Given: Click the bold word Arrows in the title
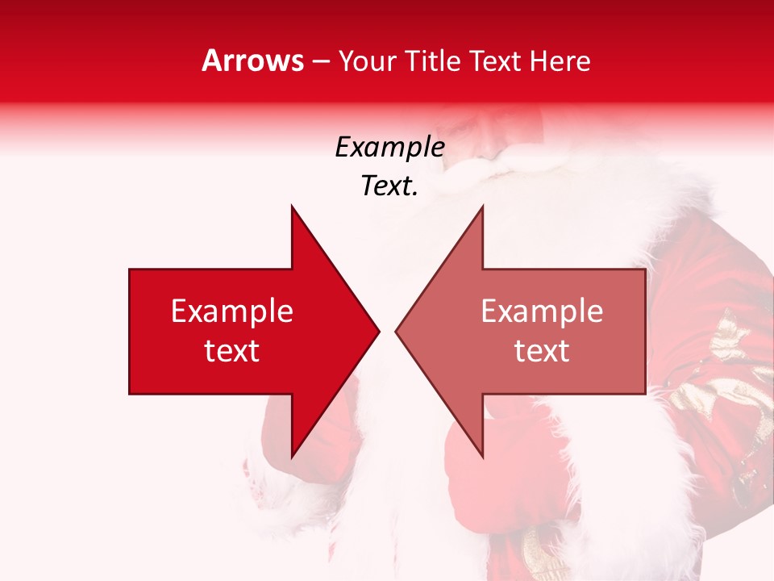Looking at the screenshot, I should (252, 61).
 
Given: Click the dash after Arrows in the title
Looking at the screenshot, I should (321, 62).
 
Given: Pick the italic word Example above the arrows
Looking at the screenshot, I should (389, 148).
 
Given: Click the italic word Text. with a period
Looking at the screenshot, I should (389, 186).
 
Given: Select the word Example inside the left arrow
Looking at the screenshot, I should (232, 311).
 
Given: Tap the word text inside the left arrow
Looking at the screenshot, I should (232, 351).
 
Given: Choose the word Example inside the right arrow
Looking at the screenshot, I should (542, 311).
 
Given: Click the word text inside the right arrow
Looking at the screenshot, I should (542, 351).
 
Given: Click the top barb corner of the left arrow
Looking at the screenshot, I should (293, 207).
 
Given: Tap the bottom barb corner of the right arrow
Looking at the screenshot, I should (481, 456).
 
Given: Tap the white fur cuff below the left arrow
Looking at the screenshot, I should (274, 492).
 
